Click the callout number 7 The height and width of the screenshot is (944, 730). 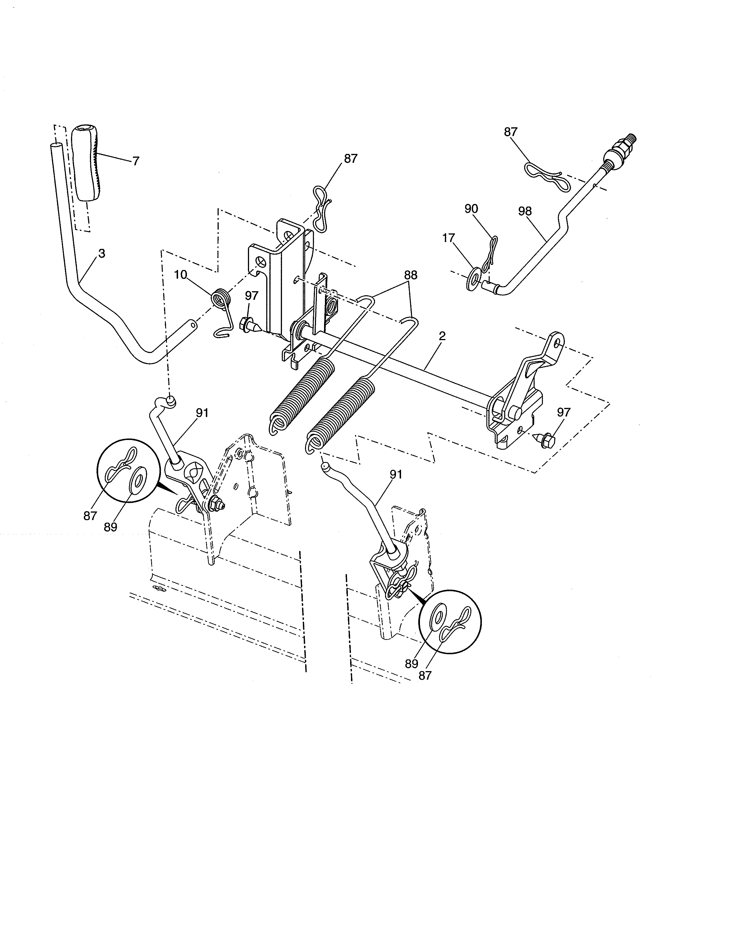(x=136, y=161)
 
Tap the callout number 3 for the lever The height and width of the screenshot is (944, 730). (x=102, y=254)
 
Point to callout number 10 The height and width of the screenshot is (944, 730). (x=181, y=275)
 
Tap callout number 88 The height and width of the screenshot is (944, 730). (x=411, y=275)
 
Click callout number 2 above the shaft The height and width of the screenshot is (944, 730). (x=442, y=336)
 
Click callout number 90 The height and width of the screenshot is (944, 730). (x=471, y=209)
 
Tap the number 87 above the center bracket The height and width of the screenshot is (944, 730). (x=351, y=159)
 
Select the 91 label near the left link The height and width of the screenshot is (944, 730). (x=202, y=413)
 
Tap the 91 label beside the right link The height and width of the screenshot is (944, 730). (x=396, y=474)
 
